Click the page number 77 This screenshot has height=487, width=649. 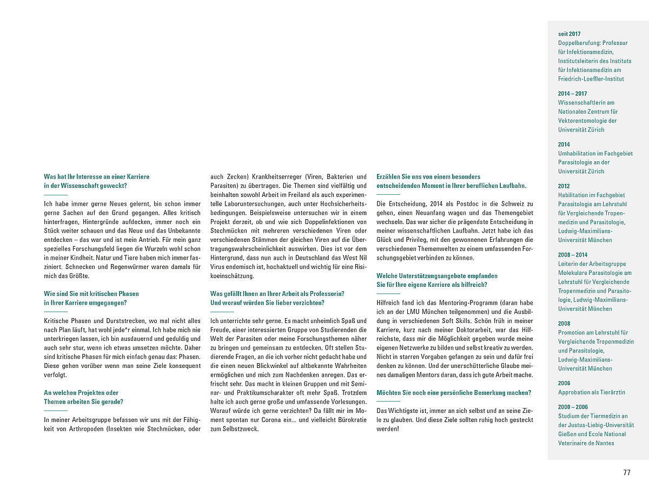(627, 472)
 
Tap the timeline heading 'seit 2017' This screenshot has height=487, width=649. (569, 34)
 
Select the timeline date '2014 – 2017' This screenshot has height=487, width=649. (572, 94)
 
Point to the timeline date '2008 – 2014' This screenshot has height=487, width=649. (572, 254)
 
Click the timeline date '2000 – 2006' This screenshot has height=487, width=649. (572, 407)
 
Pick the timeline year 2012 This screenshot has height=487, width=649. (564, 186)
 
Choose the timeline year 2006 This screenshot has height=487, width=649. (564, 383)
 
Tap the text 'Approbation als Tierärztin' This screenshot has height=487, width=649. (591, 392)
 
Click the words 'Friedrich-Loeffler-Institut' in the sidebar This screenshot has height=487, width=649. (591, 79)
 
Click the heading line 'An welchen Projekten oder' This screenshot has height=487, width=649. (81, 392)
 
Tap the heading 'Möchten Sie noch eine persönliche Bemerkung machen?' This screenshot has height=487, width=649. (453, 392)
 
